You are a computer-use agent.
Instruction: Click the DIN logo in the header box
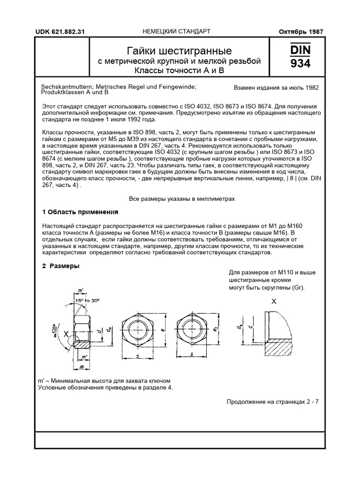[300, 49]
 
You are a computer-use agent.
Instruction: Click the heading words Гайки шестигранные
[180, 50]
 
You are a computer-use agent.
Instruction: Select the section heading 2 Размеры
[60, 266]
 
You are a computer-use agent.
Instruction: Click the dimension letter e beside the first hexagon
[162, 330]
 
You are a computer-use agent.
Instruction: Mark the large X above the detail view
[274, 302]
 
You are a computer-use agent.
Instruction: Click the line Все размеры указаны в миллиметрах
[182, 199]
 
